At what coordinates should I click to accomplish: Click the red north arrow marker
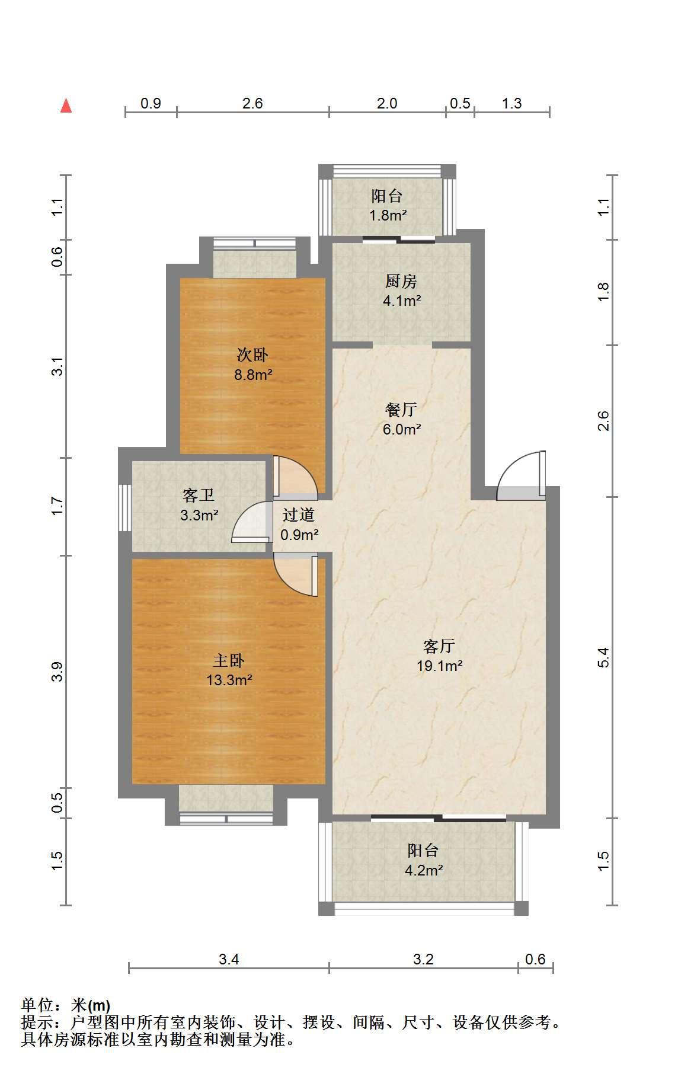coord(66,106)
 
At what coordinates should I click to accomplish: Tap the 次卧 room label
coord(252,355)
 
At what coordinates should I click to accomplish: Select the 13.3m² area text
coord(229,680)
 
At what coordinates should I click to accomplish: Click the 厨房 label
coord(401,281)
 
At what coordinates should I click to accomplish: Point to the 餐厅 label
coord(401,409)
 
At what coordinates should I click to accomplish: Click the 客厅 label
coord(439,646)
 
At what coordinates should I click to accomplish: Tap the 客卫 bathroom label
coord(199,495)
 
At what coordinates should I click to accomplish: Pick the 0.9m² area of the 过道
coord(300,535)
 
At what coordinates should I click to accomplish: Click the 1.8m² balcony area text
coord(388,215)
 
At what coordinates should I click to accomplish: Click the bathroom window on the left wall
coord(124,508)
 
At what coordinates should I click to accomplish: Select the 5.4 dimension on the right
coord(603,657)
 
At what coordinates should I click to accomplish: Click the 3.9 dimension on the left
coord(57,672)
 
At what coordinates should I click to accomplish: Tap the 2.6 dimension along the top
coord(252,103)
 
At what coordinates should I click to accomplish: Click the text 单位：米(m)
coord(66,1005)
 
